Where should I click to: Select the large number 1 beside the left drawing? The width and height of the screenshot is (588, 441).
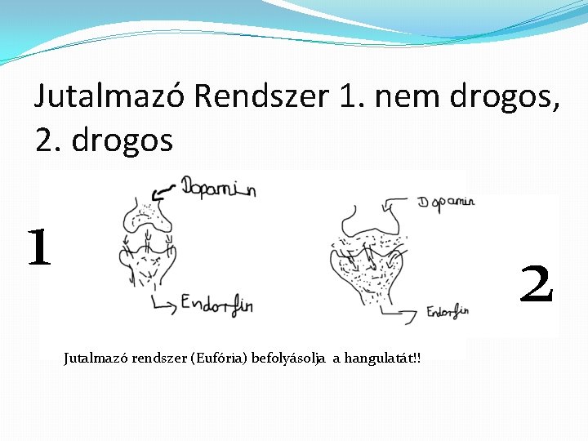click(38, 248)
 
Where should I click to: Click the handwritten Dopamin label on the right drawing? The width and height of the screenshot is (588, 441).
click(446, 202)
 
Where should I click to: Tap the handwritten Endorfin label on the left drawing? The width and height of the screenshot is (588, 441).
click(216, 305)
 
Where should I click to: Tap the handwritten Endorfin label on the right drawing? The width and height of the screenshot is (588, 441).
click(448, 310)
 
